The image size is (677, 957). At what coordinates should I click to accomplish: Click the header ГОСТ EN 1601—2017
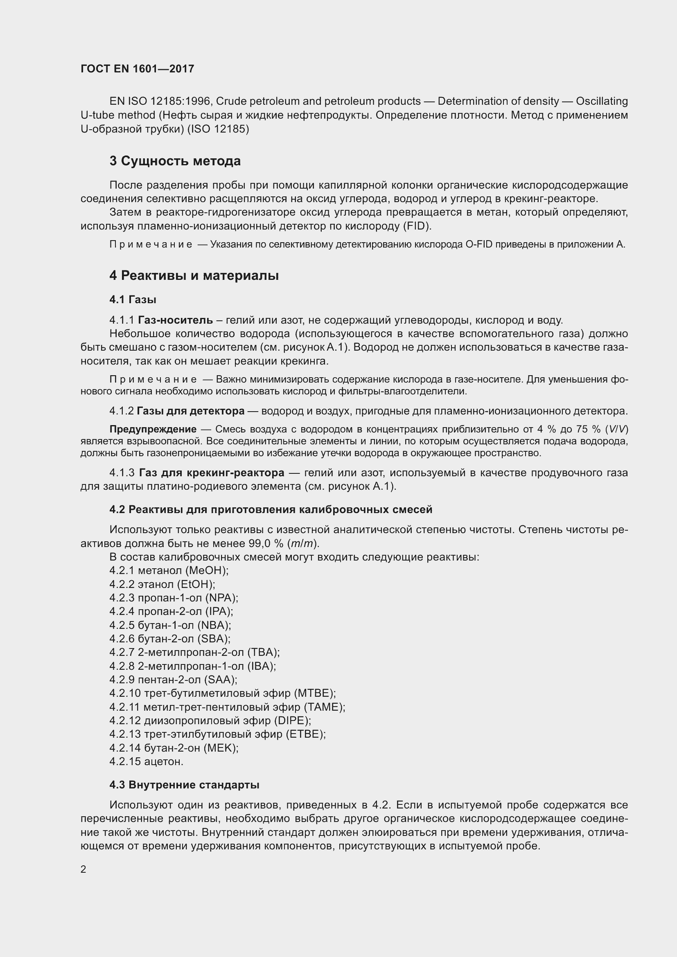click(x=137, y=69)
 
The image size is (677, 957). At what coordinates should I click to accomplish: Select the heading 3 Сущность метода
click(x=175, y=161)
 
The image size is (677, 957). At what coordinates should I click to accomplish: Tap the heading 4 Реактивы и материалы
click(x=194, y=275)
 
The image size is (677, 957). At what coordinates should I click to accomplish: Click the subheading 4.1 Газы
click(x=133, y=299)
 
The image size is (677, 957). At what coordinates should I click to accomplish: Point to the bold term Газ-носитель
click(x=175, y=320)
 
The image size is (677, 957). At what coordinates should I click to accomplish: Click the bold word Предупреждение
click(x=153, y=429)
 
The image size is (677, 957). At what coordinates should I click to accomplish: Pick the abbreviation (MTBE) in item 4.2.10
click(x=314, y=693)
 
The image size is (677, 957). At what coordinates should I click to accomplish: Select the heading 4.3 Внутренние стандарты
click(x=184, y=785)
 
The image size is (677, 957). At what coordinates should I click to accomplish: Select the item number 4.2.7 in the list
click(x=122, y=652)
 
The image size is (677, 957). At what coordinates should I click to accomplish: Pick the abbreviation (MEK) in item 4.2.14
click(x=221, y=748)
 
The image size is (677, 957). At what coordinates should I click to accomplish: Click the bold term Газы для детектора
click(x=190, y=411)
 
